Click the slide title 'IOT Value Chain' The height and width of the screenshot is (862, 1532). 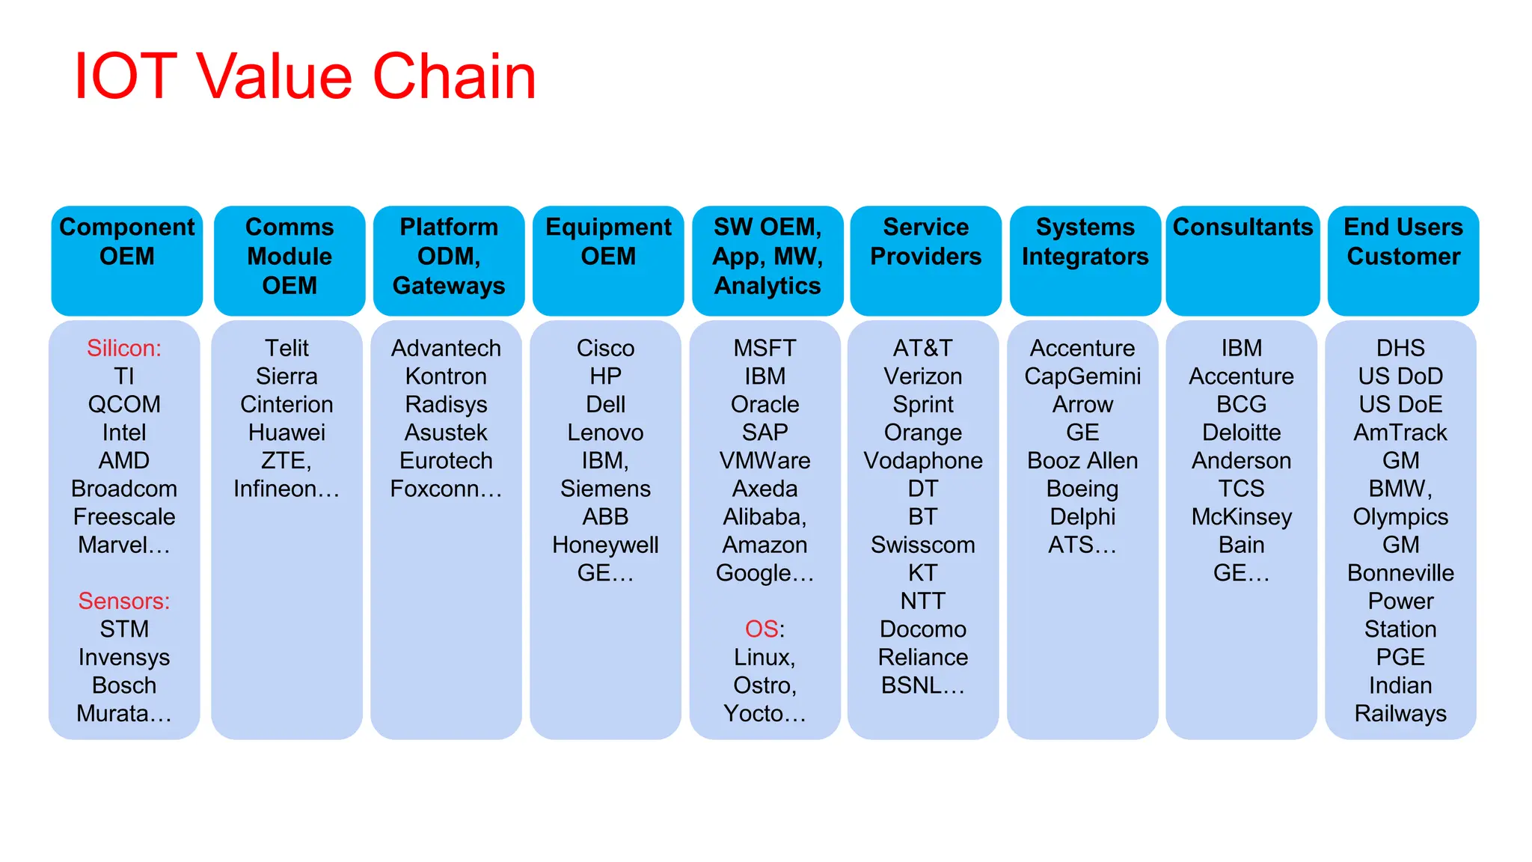(x=305, y=77)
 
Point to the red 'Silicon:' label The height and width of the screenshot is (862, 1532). (x=124, y=349)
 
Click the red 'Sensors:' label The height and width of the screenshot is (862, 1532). (x=124, y=602)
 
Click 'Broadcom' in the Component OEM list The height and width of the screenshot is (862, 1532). (x=124, y=489)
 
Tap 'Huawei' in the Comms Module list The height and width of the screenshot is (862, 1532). (x=287, y=433)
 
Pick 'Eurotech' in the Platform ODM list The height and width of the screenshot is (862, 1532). (x=446, y=461)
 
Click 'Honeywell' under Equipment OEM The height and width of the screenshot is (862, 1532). (x=605, y=545)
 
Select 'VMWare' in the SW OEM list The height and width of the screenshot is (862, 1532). (x=765, y=461)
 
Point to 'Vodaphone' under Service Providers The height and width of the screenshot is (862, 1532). (x=923, y=461)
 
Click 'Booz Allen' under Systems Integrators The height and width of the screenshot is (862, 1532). (x=1082, y=461)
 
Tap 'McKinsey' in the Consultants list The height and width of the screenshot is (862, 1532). (x=1242, y=517)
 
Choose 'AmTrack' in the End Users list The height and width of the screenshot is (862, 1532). (x=1400, y=433)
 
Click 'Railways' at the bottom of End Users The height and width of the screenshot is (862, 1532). (x=1400, y=714)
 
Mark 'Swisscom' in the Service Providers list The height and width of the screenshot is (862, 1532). (x=923, y=545)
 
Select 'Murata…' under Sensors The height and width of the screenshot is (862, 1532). (x=124, y=714)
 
